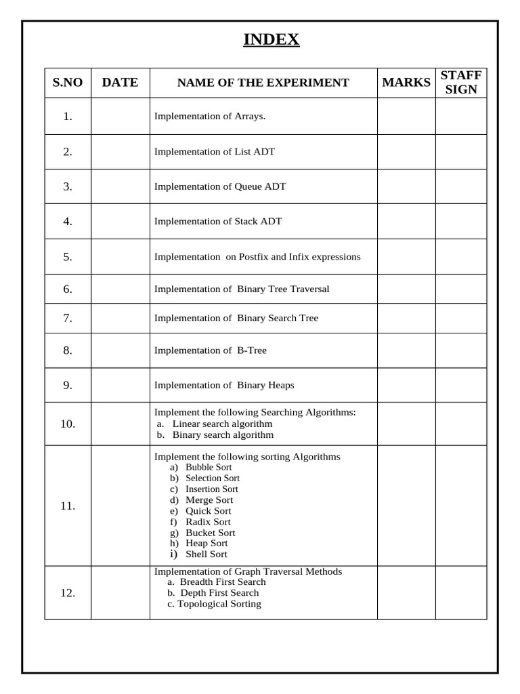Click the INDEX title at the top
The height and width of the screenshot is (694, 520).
(271, 40)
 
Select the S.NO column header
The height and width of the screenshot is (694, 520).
(68, 83)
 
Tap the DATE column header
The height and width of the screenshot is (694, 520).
(120, 83)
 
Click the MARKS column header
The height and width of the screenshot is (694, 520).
(406, 83)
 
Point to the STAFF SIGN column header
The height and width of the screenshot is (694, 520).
(461, 82)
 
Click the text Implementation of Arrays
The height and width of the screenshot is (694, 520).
(210, 117)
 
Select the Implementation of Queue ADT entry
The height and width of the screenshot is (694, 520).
(220, 186)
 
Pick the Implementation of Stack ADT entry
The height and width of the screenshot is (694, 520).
(218, 222)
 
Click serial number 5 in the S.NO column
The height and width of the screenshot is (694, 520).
(68, 257)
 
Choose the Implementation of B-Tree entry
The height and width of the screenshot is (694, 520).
(211, 350)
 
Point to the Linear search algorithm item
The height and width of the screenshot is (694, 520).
(222, 424)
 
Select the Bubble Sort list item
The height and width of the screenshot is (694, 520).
(209, 467)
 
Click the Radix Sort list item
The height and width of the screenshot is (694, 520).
(208, 522)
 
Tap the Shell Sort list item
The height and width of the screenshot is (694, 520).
(207, 554)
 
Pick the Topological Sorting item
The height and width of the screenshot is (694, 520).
(219, 604)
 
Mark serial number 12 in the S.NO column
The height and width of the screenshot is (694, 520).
(68, 593)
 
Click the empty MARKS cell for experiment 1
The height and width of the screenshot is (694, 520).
(406, 117)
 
